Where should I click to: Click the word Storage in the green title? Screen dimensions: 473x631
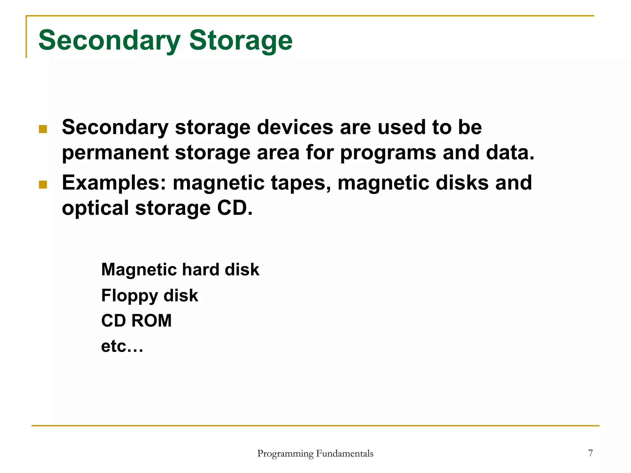(x=241, y=41)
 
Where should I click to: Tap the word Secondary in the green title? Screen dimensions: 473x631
(x=109, y=41)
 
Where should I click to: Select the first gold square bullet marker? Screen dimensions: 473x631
(x=43, y=129)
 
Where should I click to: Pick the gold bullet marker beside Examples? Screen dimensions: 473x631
(x=43, y=184)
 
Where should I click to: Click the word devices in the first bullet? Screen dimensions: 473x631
(x=295, y=127)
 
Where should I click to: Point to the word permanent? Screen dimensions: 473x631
(x=115, y=153)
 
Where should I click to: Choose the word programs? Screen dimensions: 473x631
(x=388, y=153)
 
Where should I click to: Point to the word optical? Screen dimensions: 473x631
(x=95, y=208)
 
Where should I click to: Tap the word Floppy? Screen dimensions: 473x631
(x=129, y=296)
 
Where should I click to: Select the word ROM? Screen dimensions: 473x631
(x=152, y=321)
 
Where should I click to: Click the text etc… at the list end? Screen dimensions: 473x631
(x=122, y=346)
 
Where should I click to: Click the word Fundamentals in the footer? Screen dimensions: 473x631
(x=345, y=454)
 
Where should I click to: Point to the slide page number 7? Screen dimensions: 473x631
(x=590, y=453)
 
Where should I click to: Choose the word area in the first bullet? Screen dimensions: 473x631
(x=278, y=153)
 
